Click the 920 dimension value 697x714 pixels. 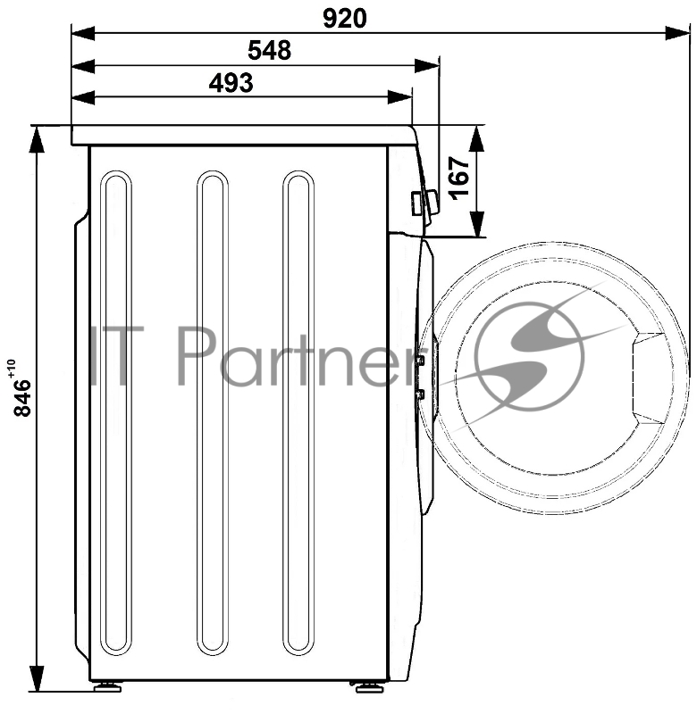coord(344,19)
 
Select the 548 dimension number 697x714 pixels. coord(269,51)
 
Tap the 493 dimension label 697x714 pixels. coord(231,83)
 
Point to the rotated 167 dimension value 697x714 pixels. coord(459,178)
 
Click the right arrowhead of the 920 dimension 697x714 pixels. coord(678,33)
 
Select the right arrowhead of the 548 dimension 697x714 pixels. coord(426,65)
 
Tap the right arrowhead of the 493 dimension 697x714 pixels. coord(399,97)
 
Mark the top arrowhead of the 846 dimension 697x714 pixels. coord(37,139)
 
